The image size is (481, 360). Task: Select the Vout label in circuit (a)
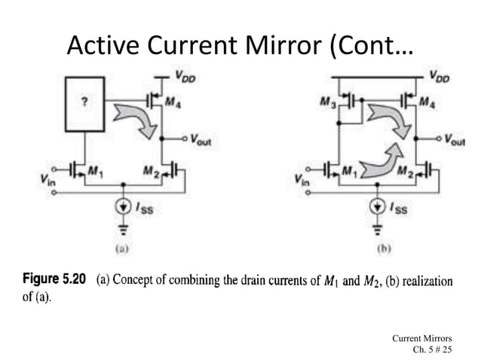click(x=201, y=139)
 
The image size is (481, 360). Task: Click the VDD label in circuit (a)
click(x=182, y=75)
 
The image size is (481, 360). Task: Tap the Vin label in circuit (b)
click(x=301, y=182)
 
